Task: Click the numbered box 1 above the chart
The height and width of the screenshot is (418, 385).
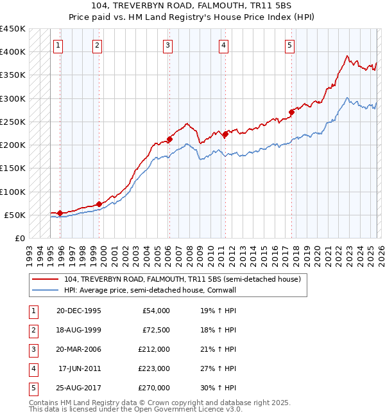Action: point(58,45)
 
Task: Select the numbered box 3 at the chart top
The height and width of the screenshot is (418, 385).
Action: point(167,45)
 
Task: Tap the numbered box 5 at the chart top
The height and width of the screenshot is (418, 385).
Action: point(289,45)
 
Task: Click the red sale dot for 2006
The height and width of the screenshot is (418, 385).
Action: point(170,139)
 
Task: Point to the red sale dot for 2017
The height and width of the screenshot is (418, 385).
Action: point(291,112)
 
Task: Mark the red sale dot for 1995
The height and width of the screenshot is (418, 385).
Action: point(60,213)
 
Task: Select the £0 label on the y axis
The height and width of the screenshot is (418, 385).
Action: point(19,239)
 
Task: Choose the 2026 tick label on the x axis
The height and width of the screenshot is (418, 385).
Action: point(381,253)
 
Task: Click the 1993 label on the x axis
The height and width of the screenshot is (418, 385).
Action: point(30,253)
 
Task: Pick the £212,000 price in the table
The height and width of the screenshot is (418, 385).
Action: point(154,349)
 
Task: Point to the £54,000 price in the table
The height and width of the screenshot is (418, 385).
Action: point(156,311)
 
